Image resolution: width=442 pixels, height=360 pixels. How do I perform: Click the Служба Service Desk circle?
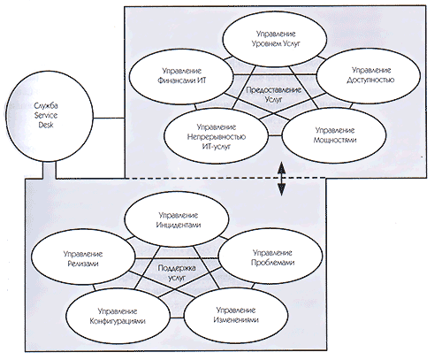pyautogui.click(x=50, y=116)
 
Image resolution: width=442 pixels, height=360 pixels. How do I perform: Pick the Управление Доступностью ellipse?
pyautogui.click(x=369, y=75)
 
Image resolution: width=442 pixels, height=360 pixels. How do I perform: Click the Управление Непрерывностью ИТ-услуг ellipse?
pyautogui.click(x=217, y=136)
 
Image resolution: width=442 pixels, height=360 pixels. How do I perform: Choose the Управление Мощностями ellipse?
pyautogui.click(x=334, y=135)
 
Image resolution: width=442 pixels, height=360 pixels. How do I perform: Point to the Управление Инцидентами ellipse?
pyautogui.click(x=177, y=219)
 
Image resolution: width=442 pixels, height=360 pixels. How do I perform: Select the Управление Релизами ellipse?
pyautogui.click(x=83, y=257)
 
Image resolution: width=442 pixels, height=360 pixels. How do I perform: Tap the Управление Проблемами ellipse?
pyautogui.click(x=271, y=257)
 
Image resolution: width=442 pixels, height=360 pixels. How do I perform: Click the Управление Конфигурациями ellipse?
pyautogui.click(x=118, y=316)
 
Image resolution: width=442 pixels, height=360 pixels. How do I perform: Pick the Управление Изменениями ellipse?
pyautogui.click(x=236, y=316)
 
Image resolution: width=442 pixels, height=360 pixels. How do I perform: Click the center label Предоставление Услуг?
pyautogui.click(x=273, y=95)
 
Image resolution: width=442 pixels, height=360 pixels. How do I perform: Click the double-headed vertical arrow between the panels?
pyautogui.click(x=282, y=179)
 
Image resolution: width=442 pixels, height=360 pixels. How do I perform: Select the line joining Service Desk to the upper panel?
pyautogui.click(x=109, y=119)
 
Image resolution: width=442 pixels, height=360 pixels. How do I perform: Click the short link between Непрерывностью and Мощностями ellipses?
pyautogui.click(x=276, y=135)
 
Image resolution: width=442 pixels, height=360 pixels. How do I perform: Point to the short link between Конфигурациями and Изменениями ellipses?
pyautogui.click(x=177, y=318)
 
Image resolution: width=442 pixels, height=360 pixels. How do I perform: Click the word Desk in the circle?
pyautogui.click(x=46, y=125)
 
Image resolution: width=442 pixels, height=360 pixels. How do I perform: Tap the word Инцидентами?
pyautogui.click(x=179, y=225)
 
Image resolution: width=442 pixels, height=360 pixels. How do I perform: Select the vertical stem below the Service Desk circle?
pyautogui.click(x=50, y=170)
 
